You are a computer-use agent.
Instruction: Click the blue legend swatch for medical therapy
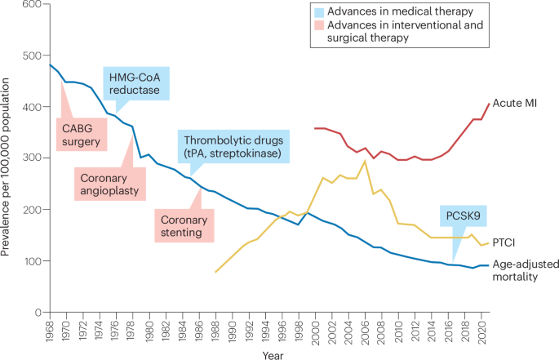[319, 12]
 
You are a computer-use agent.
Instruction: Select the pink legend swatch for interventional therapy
[319, 26]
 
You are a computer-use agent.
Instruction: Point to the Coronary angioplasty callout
[108, 185]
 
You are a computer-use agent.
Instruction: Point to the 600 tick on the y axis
[32, 6]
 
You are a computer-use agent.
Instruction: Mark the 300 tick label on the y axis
[32, 158]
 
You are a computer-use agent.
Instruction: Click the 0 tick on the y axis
[38, 312]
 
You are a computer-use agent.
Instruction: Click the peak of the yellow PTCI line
[365, 162]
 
